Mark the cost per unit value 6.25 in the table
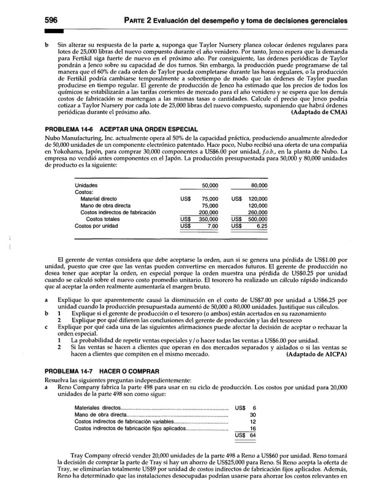point(269,226)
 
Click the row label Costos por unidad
point(96,226)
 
